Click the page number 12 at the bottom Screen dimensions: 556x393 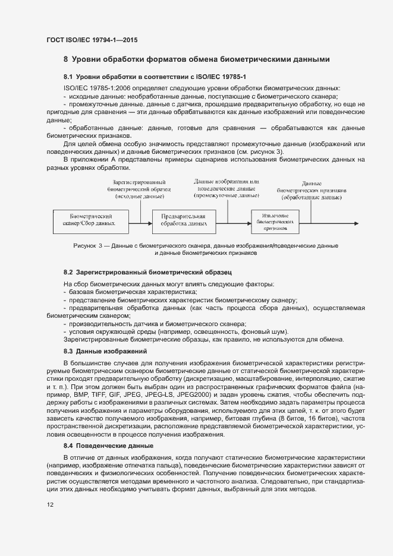pyautogui.click(x=51, y=505)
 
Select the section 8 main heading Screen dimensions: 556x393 pyautogui.click(x=196, y=59)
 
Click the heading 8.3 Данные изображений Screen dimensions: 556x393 pyautogui.click(x=106, y=352)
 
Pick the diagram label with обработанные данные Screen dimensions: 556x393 pyautogui.click(x=312, y=189)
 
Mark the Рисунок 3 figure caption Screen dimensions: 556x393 pyautogui.click(x=205, y=249)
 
